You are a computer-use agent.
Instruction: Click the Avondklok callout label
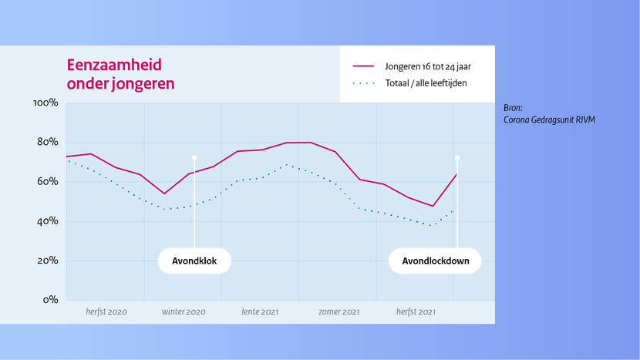point(194,261)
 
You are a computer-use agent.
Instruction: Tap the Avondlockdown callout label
point(436,261)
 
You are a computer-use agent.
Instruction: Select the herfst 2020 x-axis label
point(106,312)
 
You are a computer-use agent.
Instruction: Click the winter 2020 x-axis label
point(184,312)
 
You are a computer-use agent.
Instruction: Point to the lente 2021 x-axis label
point(260,312)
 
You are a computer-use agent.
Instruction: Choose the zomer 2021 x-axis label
point(339,312)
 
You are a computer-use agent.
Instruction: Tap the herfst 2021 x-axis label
point(416,312)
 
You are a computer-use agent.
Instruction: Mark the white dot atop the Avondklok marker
point(194,157)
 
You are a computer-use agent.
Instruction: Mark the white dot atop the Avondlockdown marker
point(457,157)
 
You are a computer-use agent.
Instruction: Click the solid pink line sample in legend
point(362,66)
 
